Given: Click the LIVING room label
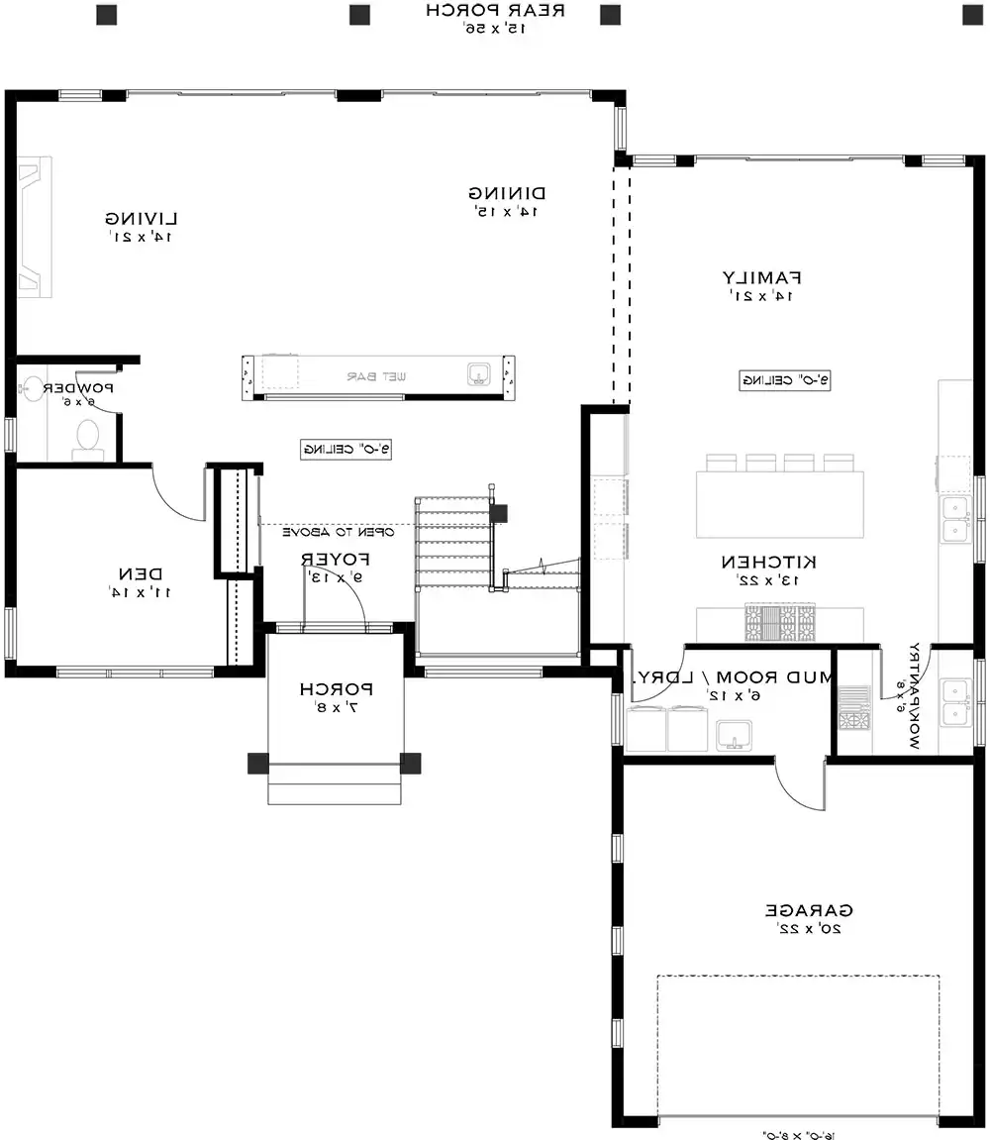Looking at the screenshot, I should coord(142,218).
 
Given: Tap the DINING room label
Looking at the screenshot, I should coord(509,193).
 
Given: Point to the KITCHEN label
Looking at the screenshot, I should coord(776,562).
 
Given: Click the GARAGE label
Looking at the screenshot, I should coord(809,910).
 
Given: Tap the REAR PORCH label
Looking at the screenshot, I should coord(495,11).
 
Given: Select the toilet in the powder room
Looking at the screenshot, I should coord(88,438).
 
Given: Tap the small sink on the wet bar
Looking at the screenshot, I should coord(480,373).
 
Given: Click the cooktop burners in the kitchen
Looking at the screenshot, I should coord(781,623).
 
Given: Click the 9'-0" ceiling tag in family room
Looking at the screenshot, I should coord(784,379).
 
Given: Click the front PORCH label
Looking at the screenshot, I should coord(336,688).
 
